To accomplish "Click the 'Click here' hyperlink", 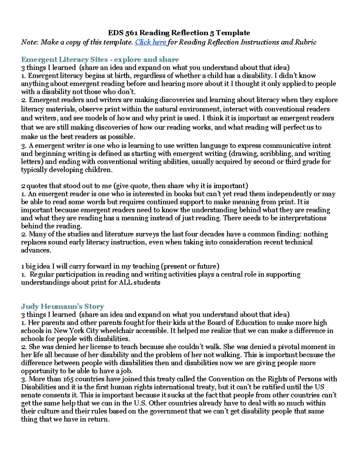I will tap(150, 42).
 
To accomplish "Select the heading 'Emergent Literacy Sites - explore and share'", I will tap(100, 59).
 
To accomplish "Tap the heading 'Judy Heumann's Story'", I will tap(62, 306).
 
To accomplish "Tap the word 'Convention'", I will tap(225, 379).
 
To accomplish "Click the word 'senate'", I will tap(31, 395).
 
